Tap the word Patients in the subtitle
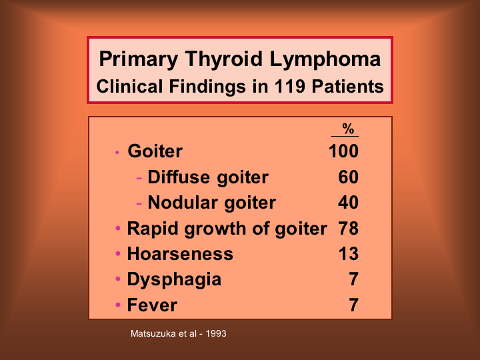(x=347, y=86)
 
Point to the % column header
(x=348, y=129)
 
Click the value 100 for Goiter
(x=343, y=151)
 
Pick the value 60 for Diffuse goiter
(x=349, y=177)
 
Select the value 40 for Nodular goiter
(x=349, y=203)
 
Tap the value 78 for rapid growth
(x=349, y=229)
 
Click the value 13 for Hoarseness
(x=349, y=254)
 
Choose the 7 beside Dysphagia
(x=353, y=279)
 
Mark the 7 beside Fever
(x=353, y=305)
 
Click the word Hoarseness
(x=180, y=254)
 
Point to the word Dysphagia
(x=174, y=280)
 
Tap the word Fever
(x=152, y=305)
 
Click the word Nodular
(x=183, y=203)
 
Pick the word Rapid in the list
(x=153, y=229)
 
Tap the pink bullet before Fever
(x=118, y=305)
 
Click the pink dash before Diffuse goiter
(x=139, y=178)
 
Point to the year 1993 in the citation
(x=216, y=333)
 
